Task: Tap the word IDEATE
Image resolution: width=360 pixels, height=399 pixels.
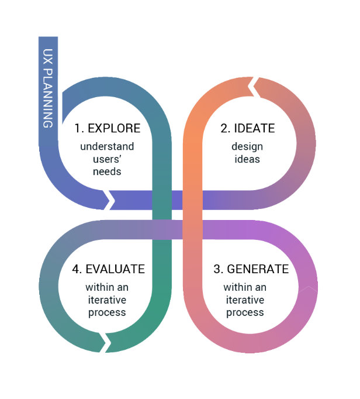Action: coord(255,128)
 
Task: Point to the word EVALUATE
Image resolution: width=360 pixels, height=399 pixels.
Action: coord(115,269)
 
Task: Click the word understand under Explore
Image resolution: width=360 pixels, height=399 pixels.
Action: coord(107,146)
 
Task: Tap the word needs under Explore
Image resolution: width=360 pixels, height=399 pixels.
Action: coord(107,171)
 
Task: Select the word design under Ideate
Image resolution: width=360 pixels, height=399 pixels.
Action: coord(246,146)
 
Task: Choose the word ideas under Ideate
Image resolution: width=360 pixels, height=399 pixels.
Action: coord(246,159)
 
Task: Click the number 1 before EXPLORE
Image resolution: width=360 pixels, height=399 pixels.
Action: coord(78,128)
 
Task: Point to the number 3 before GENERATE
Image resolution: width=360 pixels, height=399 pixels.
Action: coord(219,269)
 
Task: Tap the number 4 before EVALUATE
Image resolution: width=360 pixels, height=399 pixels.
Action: coord(76,269)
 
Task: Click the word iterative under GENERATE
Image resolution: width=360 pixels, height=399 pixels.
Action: coord(245,300)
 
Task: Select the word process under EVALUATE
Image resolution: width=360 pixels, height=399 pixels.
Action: coord(107,312)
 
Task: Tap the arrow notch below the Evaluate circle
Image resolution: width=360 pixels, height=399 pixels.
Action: coord(106,342)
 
